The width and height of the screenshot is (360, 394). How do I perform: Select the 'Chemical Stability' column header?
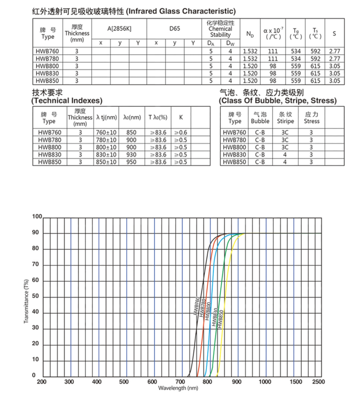220,29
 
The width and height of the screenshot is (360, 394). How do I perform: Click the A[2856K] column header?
119,29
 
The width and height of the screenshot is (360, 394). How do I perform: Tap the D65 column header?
174,29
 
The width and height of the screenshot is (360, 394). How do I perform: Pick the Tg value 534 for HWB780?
296,58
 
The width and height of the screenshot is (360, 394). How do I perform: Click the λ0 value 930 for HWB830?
131,155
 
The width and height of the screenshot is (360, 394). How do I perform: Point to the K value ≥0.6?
180,133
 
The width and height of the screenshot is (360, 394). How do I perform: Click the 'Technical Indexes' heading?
67,101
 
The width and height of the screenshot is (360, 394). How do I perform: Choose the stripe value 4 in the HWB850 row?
285,162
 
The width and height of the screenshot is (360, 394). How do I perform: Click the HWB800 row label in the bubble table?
235,147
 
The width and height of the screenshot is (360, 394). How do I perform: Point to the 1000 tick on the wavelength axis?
265,382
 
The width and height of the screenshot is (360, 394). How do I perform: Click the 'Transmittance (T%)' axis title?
27,301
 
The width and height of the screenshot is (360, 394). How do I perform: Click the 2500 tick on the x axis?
318,382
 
